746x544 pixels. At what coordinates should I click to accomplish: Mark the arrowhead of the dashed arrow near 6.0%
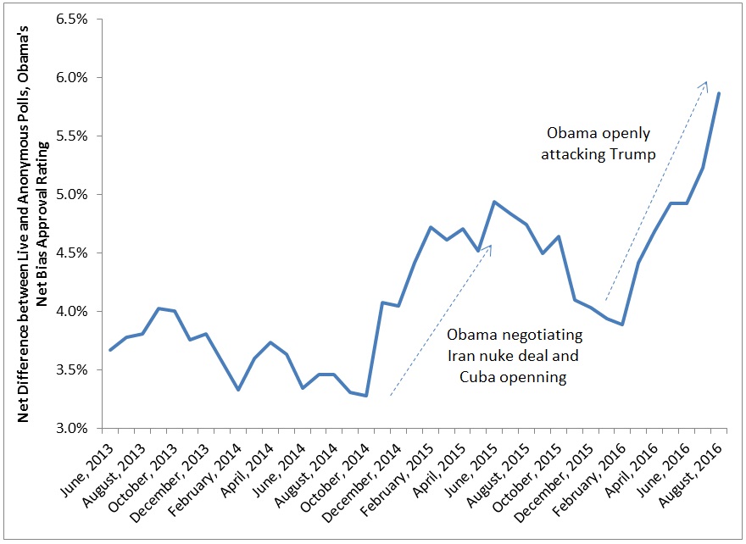[x=705, y=83]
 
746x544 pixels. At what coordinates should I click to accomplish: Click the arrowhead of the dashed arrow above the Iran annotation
[x=490, y=247]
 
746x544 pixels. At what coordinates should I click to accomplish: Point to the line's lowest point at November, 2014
[x=366, y=396]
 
